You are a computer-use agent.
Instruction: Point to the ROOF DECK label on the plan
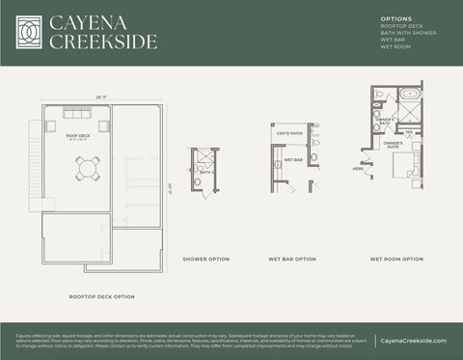point(77,136)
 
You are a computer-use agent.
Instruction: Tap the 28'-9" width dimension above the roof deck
point(74,97)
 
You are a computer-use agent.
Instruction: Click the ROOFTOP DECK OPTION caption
point(101,296)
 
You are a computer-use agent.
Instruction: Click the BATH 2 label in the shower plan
point(204,171)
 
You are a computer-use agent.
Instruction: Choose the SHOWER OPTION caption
point(206,259)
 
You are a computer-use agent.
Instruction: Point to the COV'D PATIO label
point(289,133)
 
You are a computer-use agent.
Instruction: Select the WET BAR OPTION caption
point(292,259)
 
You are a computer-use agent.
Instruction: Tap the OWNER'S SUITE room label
point(393,146)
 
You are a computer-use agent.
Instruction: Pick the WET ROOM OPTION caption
point(396,259)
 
